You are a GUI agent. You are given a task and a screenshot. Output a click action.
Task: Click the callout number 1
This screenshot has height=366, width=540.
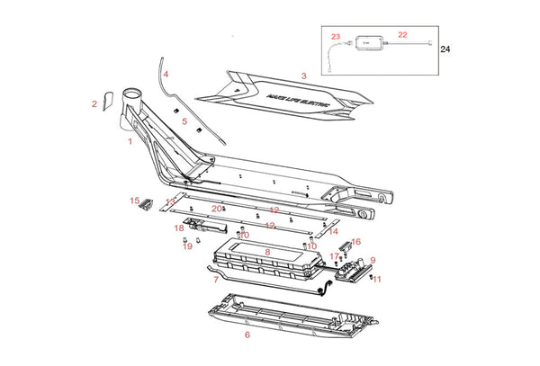point(130,141)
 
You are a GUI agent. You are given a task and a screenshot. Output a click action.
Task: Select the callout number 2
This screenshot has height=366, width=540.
point(94,104)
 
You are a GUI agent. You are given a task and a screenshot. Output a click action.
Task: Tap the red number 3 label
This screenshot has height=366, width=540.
point(304,76)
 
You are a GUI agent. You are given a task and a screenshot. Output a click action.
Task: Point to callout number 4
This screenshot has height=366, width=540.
point(166,74)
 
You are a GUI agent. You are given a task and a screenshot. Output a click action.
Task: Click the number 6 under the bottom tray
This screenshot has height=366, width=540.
point(247,335)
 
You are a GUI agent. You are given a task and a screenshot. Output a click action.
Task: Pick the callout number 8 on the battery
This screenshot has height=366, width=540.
point(267,253)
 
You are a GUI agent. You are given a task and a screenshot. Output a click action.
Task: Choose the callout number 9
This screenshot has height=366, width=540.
point(373,261)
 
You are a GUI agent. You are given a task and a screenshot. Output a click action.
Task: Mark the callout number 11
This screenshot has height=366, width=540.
point(377,280)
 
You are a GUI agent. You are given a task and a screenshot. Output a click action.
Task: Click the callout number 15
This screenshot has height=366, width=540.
point(134,201)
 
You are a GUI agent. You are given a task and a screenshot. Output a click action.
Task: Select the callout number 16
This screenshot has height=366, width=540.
point(355,242)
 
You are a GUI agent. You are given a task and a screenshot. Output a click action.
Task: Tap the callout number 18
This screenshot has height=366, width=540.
point(179,228)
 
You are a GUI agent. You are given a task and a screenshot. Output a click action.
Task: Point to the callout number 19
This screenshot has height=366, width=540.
point(187,246)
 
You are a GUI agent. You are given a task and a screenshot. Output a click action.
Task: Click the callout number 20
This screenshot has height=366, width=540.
point(216,209)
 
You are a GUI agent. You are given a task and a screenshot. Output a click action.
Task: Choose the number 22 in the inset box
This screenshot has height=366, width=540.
point(402,34)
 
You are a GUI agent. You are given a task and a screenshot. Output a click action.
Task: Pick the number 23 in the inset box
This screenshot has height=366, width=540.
point(336,37)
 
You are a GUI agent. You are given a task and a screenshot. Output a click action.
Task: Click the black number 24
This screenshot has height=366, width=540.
point(445,51)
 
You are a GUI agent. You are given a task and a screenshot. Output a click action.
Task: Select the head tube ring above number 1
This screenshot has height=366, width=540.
point(129,93)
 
